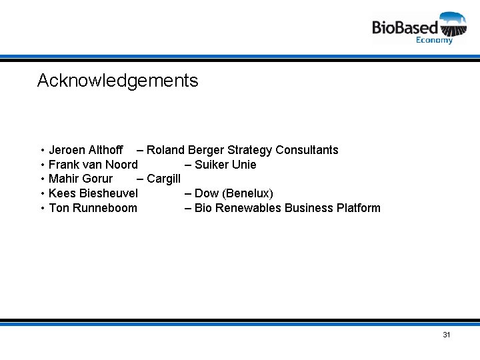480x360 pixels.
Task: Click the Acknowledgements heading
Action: click(117, 81)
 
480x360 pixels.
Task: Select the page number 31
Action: click(447, 335)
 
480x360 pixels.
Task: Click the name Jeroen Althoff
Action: click(85, 150)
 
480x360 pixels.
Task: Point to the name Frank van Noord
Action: click(93, 165)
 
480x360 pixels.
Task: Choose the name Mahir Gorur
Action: click(81, 179)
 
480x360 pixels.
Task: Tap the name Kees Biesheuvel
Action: click(93, 193)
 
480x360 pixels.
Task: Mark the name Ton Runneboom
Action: click(93, 208)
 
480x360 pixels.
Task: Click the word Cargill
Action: click(163, 179)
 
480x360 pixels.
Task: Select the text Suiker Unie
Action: click(225, 165)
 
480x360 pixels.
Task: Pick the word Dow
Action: click(207, 193)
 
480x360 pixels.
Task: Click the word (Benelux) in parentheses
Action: click(248, 193)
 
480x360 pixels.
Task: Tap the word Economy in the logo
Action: click(434, 40)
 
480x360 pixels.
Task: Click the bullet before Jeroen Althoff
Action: click(42, 151)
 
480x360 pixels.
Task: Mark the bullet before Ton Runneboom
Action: click(42, 209)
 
